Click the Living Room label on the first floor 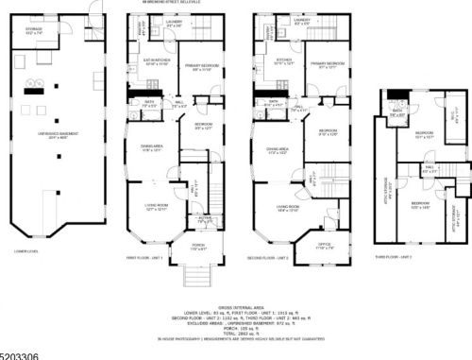click(156, 210)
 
